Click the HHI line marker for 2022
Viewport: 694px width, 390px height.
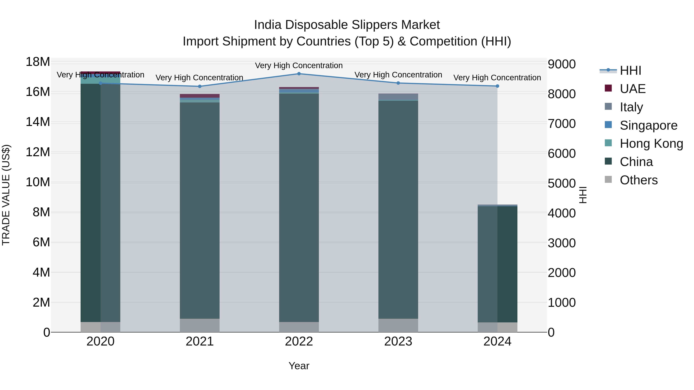(299, 74)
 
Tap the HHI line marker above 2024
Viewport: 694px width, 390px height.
(497, 86)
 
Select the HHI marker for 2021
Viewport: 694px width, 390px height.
(200, 86)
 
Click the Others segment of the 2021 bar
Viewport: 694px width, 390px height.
(200, 325)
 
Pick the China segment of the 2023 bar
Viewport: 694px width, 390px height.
(398, 210)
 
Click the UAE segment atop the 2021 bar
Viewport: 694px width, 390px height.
(200, 96)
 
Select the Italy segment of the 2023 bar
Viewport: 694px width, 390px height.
(398, 97)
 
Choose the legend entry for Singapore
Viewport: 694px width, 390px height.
(648, 125)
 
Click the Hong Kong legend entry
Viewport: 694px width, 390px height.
(651, 144)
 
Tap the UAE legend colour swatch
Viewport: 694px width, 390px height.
(608, 88)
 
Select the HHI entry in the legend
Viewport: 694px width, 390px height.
(630, 70)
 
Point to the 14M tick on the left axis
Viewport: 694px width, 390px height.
(38, 122)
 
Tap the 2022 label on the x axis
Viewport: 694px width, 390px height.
(299, 341)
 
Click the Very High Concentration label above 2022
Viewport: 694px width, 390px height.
(299, 66)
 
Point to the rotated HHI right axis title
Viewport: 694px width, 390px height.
(583, 195)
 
